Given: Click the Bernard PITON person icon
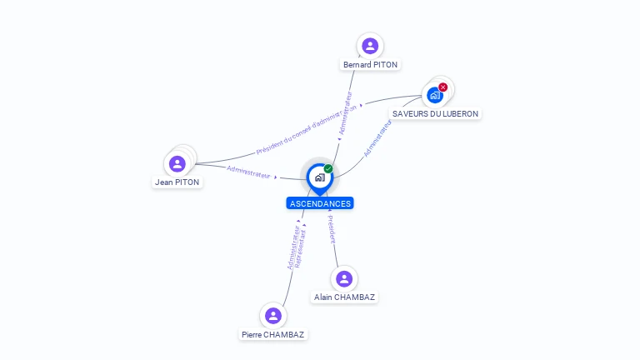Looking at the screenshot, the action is pos(370,46).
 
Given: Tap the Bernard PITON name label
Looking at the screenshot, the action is pos(370,64).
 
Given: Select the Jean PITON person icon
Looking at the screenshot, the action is pos(177,163).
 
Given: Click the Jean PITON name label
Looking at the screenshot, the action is pos(177,182).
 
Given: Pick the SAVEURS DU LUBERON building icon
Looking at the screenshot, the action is pos(435,96).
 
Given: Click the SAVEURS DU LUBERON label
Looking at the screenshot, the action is pos(435,114).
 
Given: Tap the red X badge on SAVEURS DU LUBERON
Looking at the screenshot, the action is pos(442,87).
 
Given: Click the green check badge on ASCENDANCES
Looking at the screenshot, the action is pos(328,168).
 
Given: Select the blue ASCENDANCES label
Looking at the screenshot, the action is pos(320,203).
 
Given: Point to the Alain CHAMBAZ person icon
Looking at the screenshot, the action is pos(344,279).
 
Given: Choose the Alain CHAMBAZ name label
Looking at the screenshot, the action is pos(344,297).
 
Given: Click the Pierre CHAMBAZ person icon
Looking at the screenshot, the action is pos(273,316).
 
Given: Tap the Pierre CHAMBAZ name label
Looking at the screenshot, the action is pos(273,335).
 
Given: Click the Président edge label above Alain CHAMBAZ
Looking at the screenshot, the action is pos(332,229).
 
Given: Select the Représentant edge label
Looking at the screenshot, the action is pos(300,249).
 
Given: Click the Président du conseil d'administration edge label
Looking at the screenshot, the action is pos(306,129).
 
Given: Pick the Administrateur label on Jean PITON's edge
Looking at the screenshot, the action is pos(248,172).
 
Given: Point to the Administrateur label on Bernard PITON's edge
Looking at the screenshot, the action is pos(346,113).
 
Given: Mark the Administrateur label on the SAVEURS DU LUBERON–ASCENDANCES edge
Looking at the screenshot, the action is pos(377,138).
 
